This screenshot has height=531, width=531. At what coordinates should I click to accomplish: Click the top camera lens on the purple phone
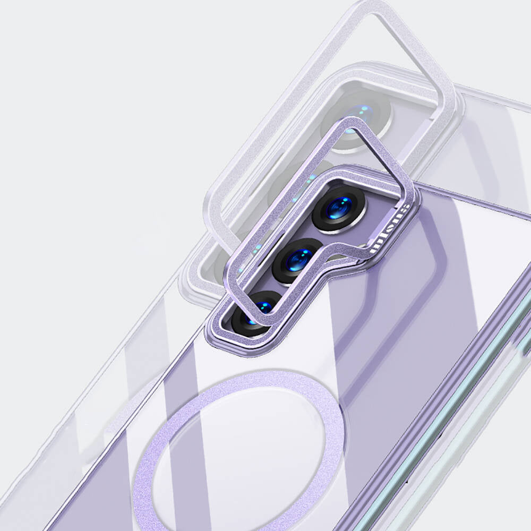tap(339, 208)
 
